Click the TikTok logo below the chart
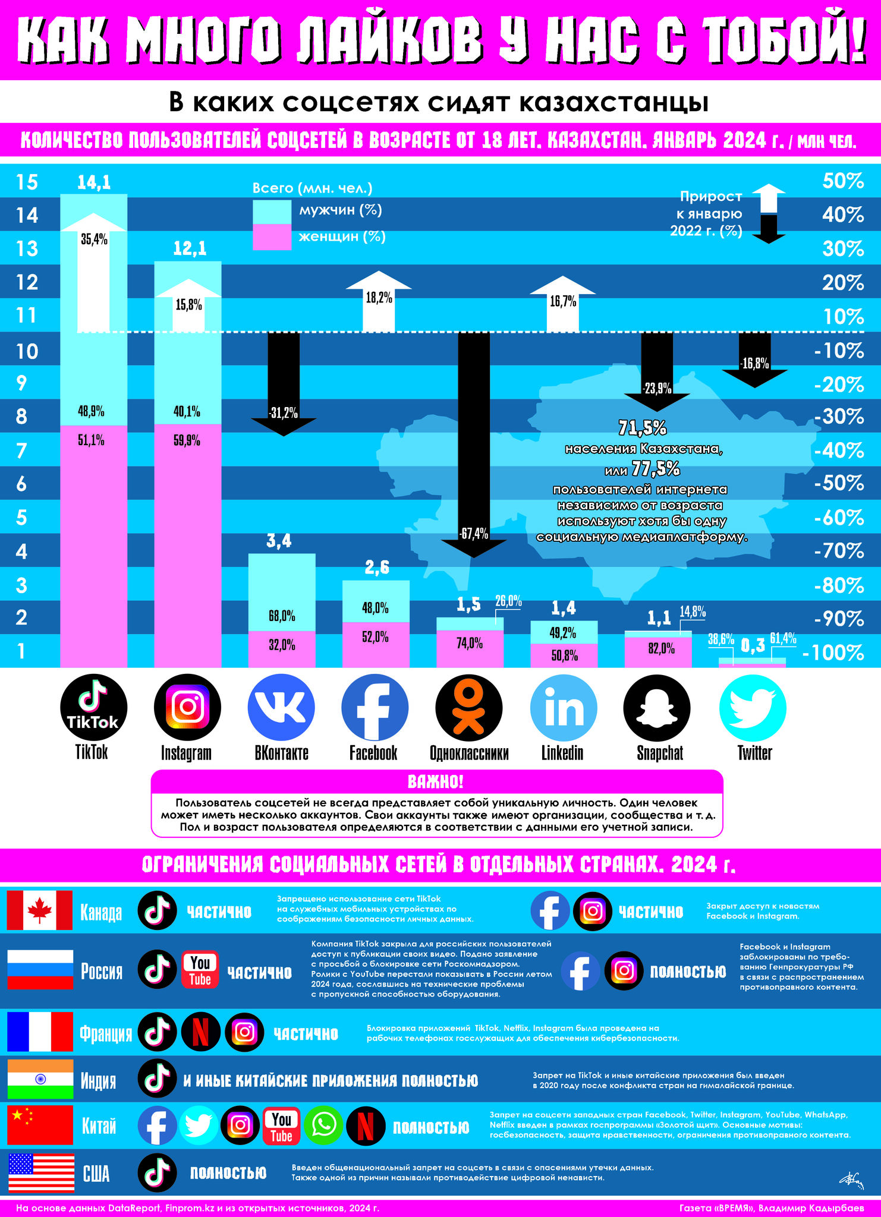tap(94, 707)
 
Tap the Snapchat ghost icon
tap(657, 707)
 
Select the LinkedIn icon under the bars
tap(563, 707)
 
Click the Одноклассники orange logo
tap(469, 707)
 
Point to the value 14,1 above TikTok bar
tap(94, 182)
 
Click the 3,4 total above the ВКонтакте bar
tap(279, 541)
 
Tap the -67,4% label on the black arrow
tap(474, 534)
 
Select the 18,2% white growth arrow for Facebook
tap(379, 301)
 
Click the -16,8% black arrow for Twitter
tap(755, 360)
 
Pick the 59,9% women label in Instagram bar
tap(187, 441)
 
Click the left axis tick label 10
tap(27, 351)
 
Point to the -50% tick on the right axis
tap(839, 483)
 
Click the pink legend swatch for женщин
tap(272, 237)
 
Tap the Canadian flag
tap(40, 910)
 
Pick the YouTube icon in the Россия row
tap(200, 970)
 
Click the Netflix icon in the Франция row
tap(201, 1033)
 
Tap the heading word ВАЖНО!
tap(436, 781)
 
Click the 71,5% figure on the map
tap(643, 428)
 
